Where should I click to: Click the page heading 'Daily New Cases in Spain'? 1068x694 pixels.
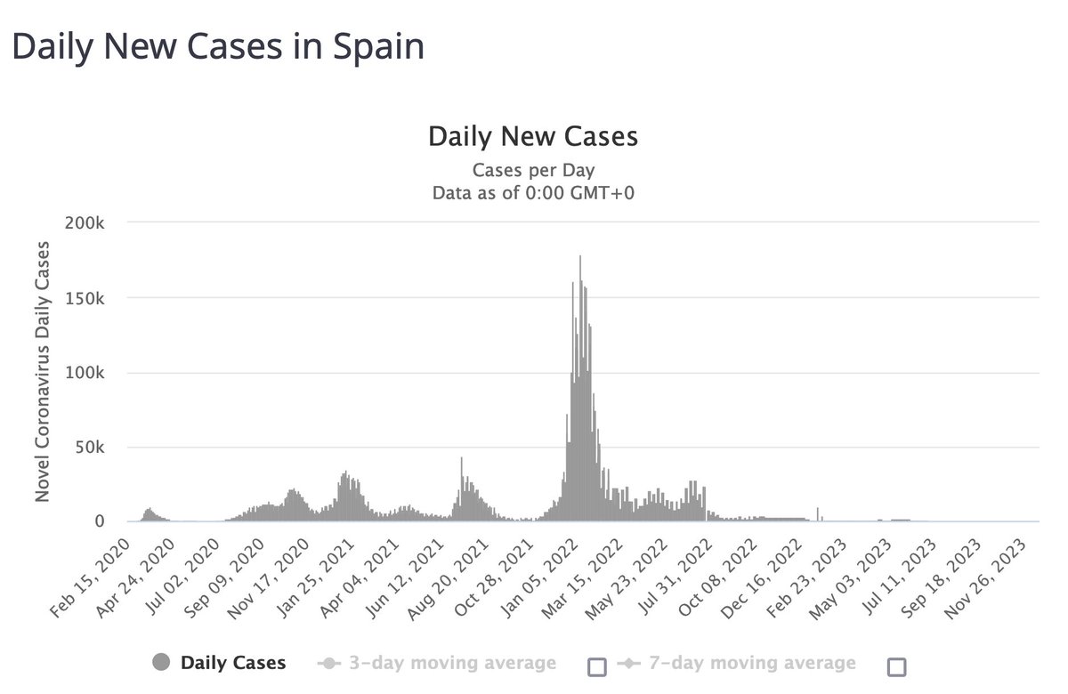[217, 47]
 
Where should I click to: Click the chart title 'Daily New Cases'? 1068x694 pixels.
[533, 137]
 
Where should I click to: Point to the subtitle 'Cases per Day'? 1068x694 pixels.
[533, 169]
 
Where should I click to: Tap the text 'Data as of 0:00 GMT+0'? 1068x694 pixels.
[533, 191]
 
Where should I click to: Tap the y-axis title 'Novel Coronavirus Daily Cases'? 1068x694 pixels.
[44, 372]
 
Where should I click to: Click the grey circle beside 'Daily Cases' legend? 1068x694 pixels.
[161, 663]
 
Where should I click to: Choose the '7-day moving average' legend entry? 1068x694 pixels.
[736, 663]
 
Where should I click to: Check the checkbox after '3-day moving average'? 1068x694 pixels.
[597, 666]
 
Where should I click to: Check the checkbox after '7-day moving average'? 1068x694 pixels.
[896, 666]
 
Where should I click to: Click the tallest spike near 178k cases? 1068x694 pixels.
[580, 258]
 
